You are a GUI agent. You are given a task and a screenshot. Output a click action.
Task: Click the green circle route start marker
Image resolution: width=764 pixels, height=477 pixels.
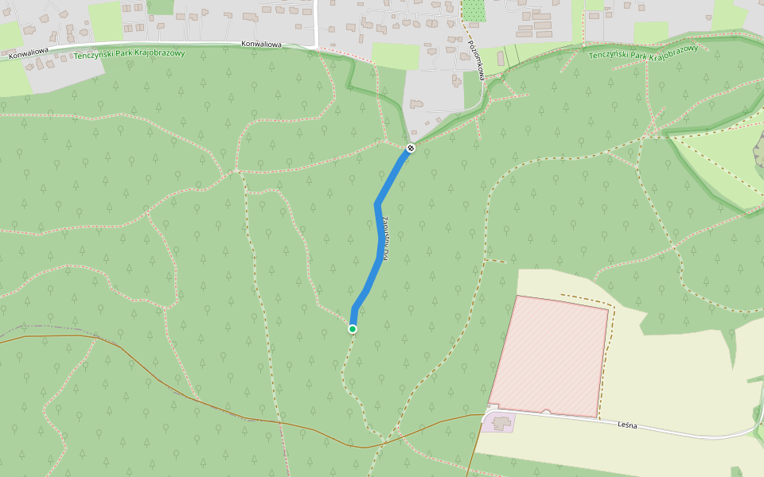(353, 328)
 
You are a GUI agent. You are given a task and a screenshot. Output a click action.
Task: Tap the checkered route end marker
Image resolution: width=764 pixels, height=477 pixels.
(411, 148)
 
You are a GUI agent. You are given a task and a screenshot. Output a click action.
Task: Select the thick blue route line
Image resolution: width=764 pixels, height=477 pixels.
(378, 238)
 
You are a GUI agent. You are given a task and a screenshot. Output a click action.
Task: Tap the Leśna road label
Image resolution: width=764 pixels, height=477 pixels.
(627, 425)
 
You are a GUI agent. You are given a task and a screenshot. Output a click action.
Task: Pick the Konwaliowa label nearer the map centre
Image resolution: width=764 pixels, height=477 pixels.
(262, 45)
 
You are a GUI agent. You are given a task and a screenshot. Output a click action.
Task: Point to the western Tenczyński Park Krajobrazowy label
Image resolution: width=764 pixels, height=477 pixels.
(129, 54)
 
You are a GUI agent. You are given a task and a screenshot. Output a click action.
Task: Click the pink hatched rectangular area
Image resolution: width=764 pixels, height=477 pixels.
(549, 355)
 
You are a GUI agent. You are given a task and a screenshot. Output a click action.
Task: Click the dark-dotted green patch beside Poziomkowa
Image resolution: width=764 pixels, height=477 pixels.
(474, 10)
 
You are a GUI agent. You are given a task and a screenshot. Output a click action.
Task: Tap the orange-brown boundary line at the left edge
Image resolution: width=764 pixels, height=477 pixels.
(48, 336)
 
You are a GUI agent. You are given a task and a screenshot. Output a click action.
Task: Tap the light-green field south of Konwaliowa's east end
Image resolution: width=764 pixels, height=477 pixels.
(395, 56)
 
